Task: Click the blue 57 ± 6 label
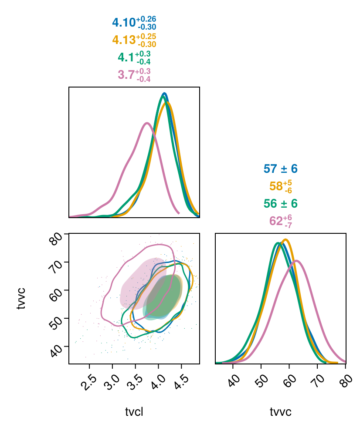(x=281, y=169)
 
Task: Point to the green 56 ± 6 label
(x=281, y=204)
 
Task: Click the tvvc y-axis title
(x=21, y=298)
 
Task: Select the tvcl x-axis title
(x=134, y=412)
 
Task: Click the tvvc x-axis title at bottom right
(x=281, y=412)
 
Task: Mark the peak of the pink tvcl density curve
(x=147, y=123)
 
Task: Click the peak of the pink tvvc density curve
(x=296, y=261)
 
